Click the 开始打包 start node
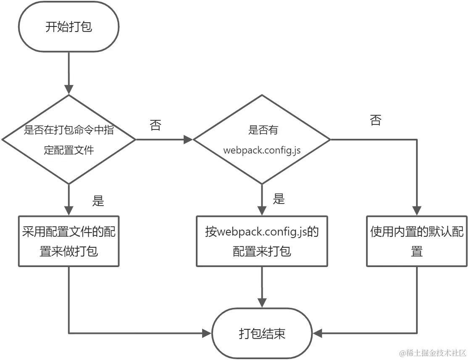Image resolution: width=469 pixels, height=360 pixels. tap(69, 27)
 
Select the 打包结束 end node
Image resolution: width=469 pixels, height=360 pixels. tap(262, 334)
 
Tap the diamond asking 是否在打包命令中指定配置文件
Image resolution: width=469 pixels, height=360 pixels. tap(69, 140)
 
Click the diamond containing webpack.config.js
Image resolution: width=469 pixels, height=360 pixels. tap(262, 140)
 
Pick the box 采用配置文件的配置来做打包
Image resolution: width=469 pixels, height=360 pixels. tap(69, 241)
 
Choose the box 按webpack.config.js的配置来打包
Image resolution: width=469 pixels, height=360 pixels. tap(262, 241)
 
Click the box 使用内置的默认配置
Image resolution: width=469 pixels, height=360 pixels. tap(416, 241)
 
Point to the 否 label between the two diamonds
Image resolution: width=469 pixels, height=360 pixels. tap(155, 125)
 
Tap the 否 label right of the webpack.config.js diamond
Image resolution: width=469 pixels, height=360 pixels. tap(375, 121)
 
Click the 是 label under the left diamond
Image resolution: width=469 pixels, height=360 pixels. tap(97, 201)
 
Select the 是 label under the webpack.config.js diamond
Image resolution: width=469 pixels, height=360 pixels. tap(279, 199)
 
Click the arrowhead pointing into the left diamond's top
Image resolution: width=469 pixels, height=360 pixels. tap(69, 89)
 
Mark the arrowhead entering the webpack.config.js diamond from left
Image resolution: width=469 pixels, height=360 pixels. tap(187, 140)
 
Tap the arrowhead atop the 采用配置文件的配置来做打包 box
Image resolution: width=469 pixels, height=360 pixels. tap(69, 211)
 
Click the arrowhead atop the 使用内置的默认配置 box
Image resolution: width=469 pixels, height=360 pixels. tap(416, 211)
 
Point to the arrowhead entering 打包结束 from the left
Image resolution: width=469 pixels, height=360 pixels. tap(207, 334)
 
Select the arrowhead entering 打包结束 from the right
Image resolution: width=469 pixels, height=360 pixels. tap(318, 334)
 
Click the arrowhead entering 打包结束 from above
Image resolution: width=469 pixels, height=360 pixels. tap(262, 303)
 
